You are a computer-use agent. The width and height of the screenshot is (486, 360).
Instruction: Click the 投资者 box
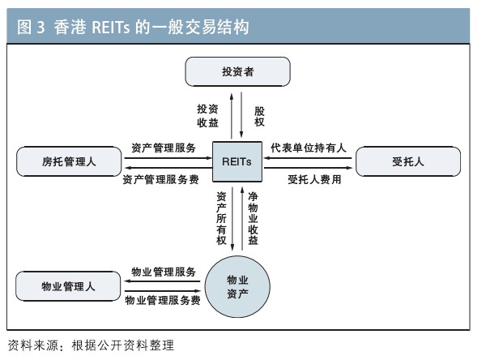point(237,71)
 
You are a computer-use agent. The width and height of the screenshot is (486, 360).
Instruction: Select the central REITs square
point(237,161)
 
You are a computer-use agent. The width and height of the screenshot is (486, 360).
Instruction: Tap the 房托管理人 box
point(69,161)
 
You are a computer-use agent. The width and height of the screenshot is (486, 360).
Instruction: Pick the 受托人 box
point(408,161)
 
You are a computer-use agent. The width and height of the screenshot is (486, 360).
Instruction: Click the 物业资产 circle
point(237,287)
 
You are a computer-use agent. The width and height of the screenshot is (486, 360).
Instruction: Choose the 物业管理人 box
point(68,286)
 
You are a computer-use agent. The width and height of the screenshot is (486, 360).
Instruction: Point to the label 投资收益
point(207,116)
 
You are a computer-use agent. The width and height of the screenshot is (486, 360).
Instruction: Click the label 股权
point(259,117)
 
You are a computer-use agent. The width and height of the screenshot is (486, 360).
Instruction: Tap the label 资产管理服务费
point(160,179)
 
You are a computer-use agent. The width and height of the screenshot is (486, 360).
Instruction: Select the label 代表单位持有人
point(309,148)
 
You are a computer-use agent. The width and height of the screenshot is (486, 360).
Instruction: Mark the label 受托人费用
point(314,179)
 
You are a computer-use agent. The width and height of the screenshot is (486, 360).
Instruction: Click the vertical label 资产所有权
point(221,218)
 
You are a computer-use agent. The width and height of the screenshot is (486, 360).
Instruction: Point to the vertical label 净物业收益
point(253,218)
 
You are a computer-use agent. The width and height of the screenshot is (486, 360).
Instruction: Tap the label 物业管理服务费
point(163,300)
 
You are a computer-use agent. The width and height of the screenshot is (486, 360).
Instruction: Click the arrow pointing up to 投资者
point(232,116)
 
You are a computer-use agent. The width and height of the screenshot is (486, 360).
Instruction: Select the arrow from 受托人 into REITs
point(308,158)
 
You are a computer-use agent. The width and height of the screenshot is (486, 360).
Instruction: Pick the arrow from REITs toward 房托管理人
point(168,168)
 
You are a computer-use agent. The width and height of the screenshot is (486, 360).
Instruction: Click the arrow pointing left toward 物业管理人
point(163,281)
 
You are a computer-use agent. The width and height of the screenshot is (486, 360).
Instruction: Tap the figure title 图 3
point(31,27)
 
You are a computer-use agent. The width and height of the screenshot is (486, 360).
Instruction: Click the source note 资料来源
point(33,345)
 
